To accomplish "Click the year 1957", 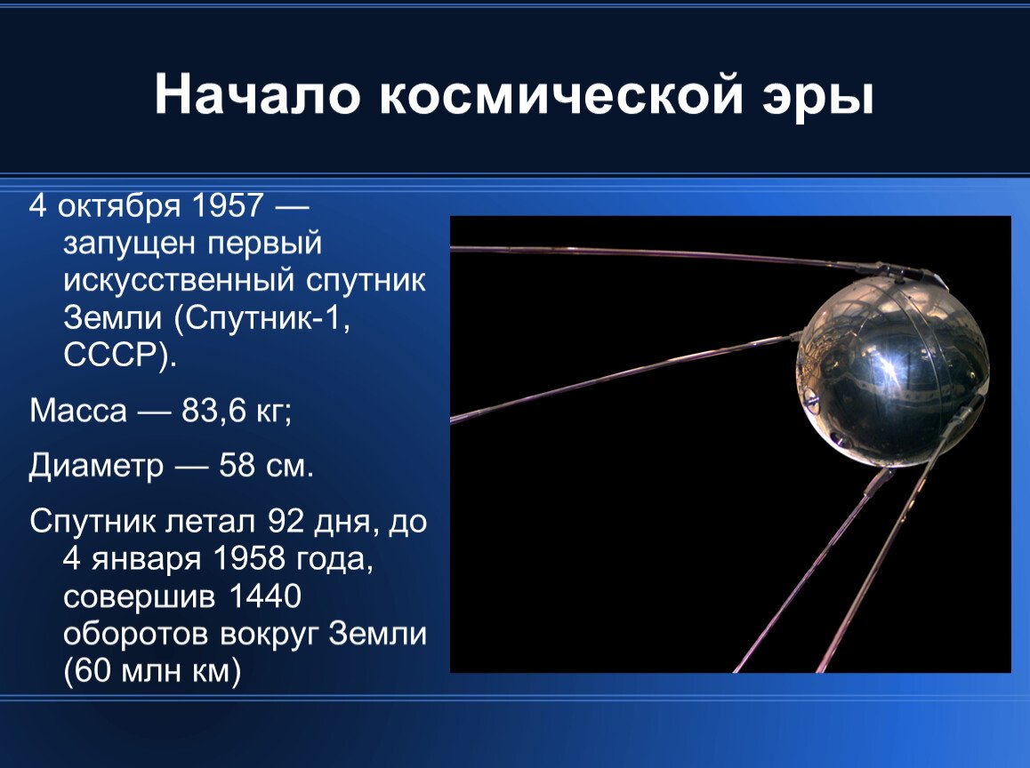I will (x=226, y=207).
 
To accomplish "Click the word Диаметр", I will (x=95, y=466).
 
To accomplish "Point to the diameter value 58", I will (x=237, y=466).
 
